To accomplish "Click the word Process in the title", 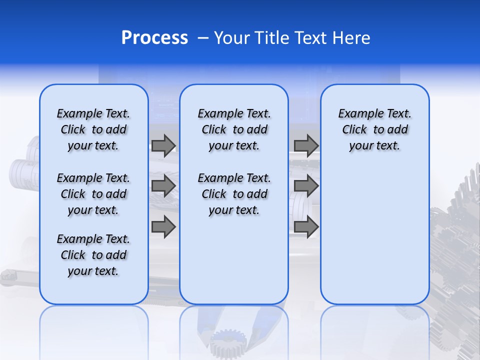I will pos(154,38).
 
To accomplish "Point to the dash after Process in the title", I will pos(203,38).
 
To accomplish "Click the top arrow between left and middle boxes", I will pos(163,145).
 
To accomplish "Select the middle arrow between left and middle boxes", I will pos(163,186).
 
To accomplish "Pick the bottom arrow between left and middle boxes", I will pos(163,226).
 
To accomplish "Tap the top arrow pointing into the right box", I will pos(306,145).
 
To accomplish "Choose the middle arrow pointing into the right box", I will pos(306,186).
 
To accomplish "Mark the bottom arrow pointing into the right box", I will pos(306,226).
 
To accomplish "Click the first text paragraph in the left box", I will pos(93,129).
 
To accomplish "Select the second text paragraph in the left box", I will pos(93,194).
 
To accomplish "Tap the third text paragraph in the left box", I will pos(93,255).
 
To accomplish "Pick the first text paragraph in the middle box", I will pos(234,129).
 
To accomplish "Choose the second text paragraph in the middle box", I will pos(234,194).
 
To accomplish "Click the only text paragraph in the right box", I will pos(374,129).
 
